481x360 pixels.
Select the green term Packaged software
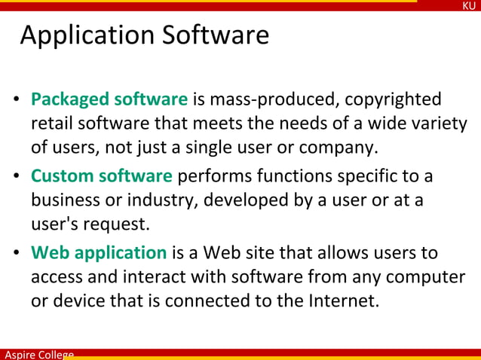[x=109, y=99]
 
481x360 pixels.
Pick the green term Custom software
[x=102, y=176]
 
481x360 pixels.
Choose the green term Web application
[x=99, y=253]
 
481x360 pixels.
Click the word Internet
[x=342, y=301]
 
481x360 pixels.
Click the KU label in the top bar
[x=469, y=6]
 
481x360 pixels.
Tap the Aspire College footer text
[x=38, y=354]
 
